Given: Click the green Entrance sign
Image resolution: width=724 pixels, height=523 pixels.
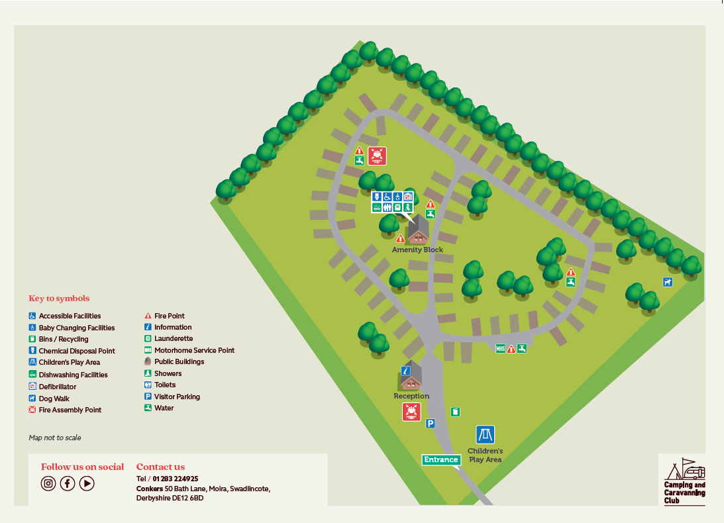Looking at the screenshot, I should tap(441, 459).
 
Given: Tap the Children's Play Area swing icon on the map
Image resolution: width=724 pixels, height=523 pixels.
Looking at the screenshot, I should tap(486, 435).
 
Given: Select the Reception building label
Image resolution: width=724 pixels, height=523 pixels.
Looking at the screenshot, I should tap(411, 396).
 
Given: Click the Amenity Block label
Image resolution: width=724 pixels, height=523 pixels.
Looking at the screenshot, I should tap(417, 250).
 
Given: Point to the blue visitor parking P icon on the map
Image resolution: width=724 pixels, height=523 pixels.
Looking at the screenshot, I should tap(430, 424).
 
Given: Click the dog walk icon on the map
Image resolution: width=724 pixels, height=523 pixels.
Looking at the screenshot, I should tap(668, 282).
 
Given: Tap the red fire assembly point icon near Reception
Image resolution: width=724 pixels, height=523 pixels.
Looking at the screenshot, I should tap(411, 412).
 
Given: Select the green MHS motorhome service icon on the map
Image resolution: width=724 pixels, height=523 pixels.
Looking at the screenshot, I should tap(500, 348).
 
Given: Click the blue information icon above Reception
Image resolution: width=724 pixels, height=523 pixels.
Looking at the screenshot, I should tap(406, 371).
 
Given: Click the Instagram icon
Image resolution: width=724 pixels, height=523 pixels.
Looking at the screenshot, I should tap(48, 483).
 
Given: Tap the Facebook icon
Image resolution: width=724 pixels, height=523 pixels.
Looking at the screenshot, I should tap(68, 483).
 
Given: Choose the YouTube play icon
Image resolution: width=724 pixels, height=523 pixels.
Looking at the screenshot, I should tap(87, 483).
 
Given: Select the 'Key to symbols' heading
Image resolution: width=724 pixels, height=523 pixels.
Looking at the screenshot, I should tap(59, 299).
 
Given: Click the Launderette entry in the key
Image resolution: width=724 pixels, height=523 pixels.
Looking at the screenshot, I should tap(173, 338).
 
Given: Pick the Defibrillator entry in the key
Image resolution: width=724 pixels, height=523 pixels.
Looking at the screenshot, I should tap(57, 387).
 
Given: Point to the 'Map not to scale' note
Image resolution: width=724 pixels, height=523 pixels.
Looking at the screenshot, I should tap(55, 438).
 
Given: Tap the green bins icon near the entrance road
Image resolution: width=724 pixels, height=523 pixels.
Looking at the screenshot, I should tap(455, 412).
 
